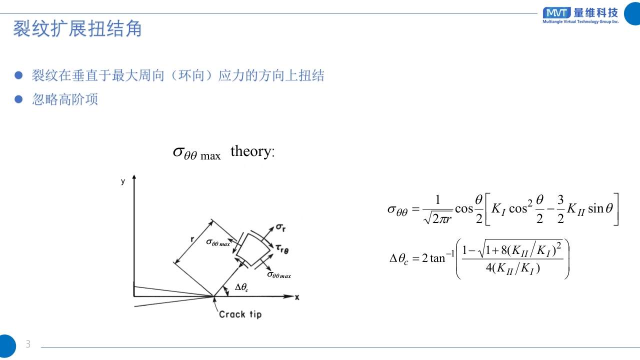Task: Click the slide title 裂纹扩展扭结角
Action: pos(77,29)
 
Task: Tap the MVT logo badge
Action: pos(556,12)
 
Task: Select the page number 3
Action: pos(28,344)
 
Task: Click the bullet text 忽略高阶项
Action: pos(65,99)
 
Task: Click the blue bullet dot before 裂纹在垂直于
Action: pos(19,75)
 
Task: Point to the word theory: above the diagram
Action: pos(252,151)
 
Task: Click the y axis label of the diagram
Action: pos(123,181)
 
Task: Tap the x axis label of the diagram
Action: pos(297,297)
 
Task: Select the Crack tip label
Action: pos(240,314)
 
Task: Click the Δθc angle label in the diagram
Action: pos(241,287)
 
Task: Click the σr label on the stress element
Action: pos(281,228)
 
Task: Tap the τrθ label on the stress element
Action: pos(282,248)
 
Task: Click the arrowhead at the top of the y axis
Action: pos(134,177)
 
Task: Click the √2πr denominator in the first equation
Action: pos(437,218)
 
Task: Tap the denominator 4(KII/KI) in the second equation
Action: pos(512,268)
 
